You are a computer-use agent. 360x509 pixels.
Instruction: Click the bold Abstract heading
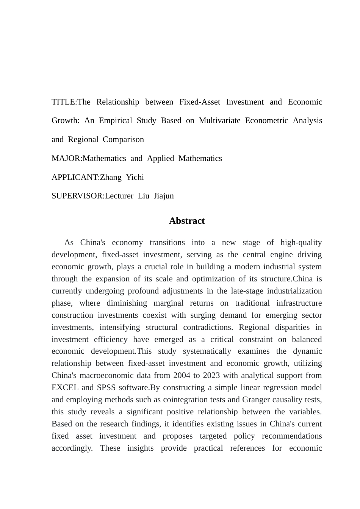click(x=187, y=221)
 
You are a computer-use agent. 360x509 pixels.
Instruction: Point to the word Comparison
click(x=123, y=139)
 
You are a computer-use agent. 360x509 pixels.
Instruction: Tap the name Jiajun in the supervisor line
click(x=164, y=196)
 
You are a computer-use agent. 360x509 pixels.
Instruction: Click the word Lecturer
click(x=119, y=196)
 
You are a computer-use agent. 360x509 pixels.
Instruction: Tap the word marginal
click(x=168, y=303)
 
